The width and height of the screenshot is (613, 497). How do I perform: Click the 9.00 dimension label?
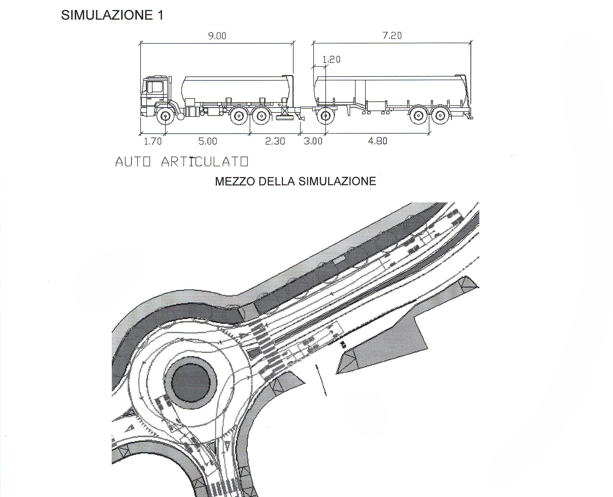(x=217, y=36)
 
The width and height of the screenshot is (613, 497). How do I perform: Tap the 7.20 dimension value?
(x=392, y=35)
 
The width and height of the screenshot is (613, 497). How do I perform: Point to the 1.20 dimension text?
(x=331, y=59)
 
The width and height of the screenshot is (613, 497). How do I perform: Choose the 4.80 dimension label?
(x=378, y=141)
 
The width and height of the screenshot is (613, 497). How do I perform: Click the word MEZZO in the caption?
(x=235, y=182)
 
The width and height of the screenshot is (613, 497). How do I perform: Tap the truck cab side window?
(x=155, y=87)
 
